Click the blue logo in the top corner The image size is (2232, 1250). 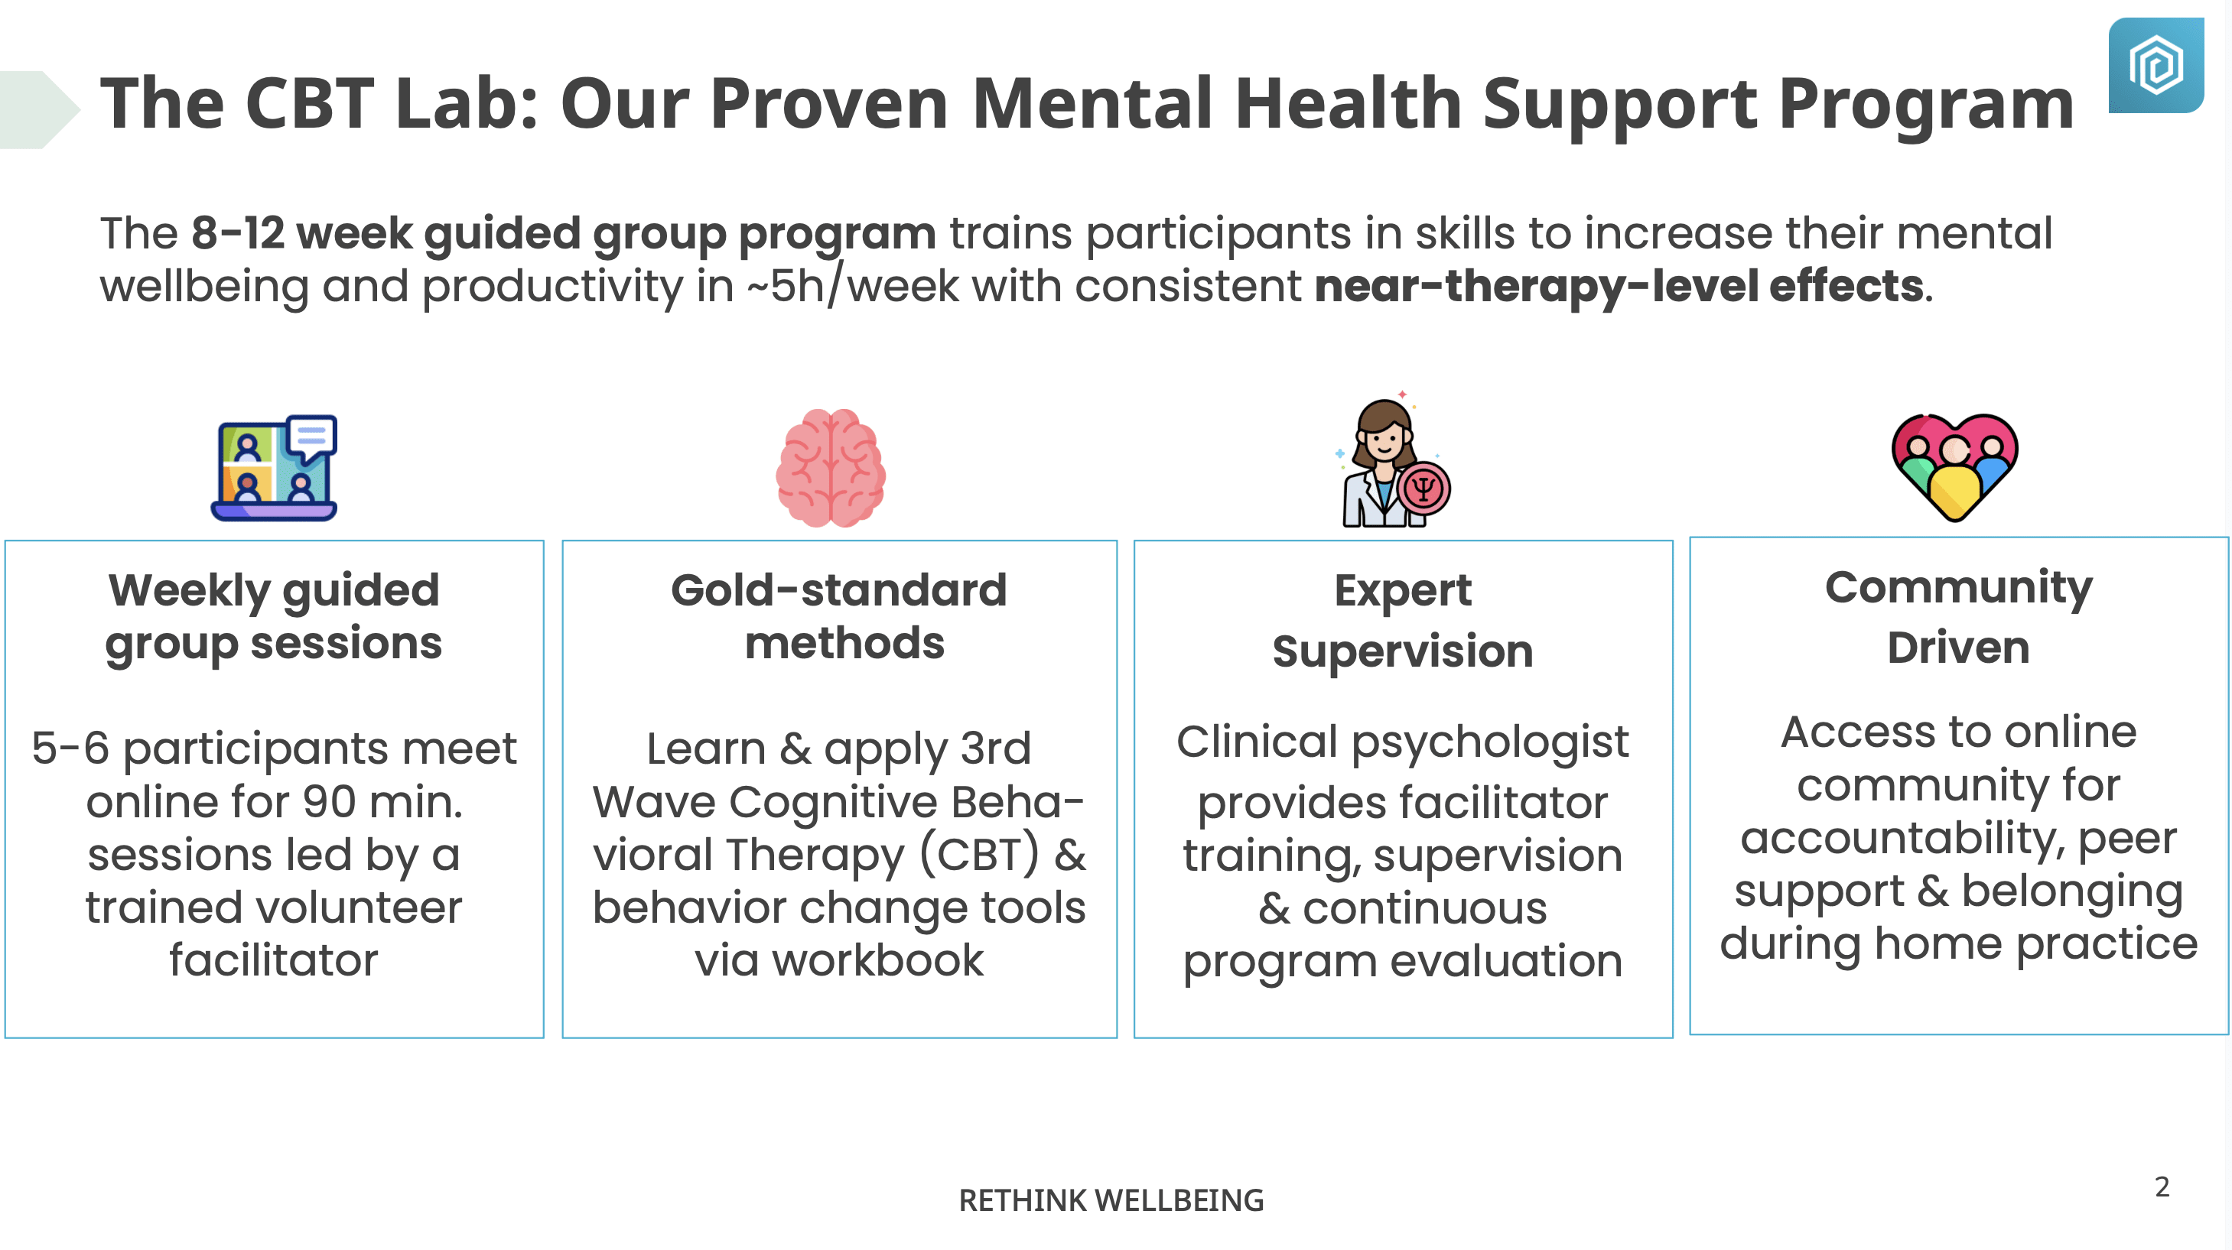point(2156,65)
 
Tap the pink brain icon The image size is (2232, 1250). point(830,468)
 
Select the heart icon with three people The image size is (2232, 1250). point(1955,467)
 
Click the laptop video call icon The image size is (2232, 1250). point(274,468)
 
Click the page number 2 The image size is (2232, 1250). point(2162,1187)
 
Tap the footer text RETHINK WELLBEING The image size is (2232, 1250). point(1111,1200)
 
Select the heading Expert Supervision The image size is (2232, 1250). point(1403,620)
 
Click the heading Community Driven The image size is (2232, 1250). point(1958,618)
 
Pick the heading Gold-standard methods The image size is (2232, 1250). point(840,617)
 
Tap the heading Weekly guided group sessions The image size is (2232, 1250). point(274,618)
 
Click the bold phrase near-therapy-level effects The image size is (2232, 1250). point(1619,286)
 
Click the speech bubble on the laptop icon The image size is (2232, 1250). point(311,438)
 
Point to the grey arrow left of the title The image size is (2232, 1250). point(39,110)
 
